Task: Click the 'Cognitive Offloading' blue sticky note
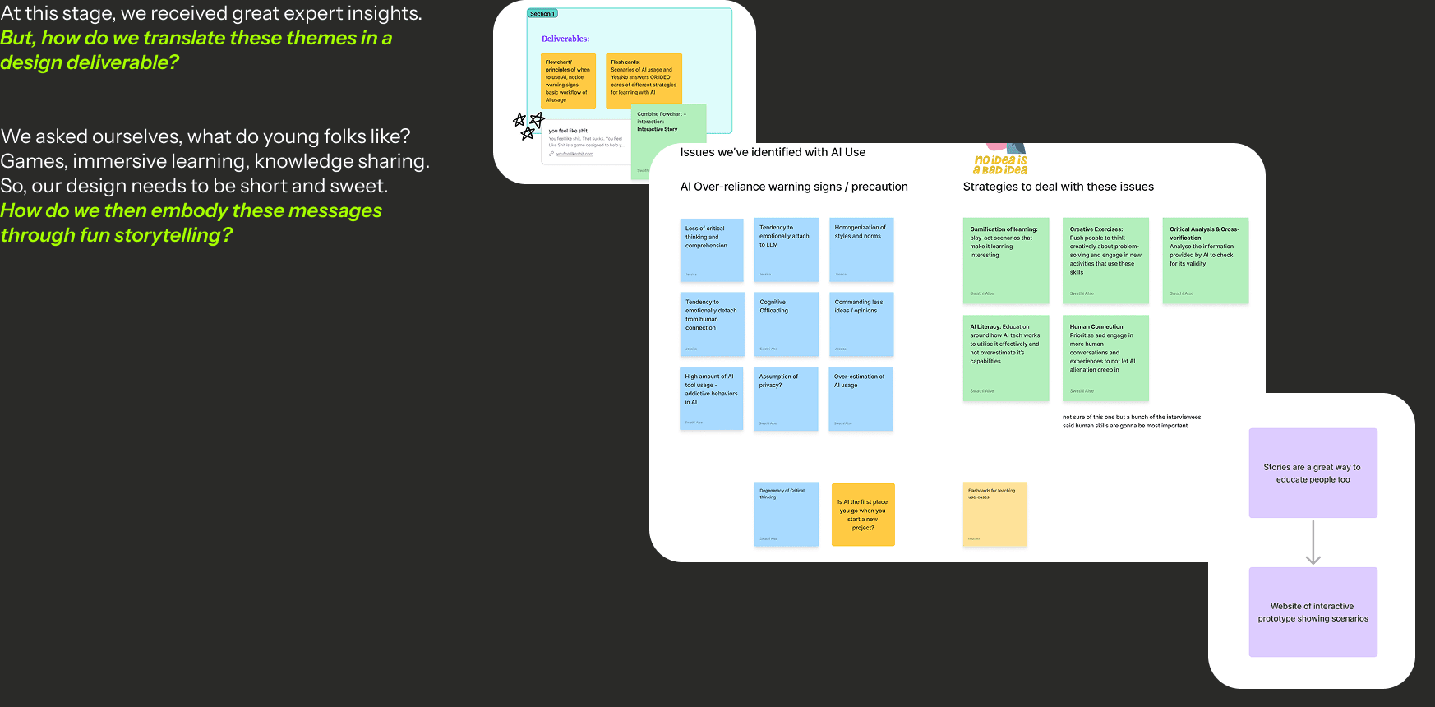pyautogui.click(x=786, y=324)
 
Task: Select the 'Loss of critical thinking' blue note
pyautogui.click(x=712, y=250)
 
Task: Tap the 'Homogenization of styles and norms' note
pyautogui.click(x=862, y=250)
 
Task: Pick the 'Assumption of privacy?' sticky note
pyautogui.click(x=786, y=399)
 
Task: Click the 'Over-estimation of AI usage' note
pyautogui.click(x=861, y=399)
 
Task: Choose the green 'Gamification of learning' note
pyautogui.click(x=1006, y=261)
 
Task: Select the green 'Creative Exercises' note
pyautogui.click(x=1105, y=261)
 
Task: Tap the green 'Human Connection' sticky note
pyautogui.click(x=1105, y=358)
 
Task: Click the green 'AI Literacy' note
pyautogui.click(x=1006, y=358)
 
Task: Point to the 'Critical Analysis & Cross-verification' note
pyautogui.click(x=1205, y=261)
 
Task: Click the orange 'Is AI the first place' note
pyautogui.click(x=863, y=515)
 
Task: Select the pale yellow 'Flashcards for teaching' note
pyautogui.click(x=995, y=515)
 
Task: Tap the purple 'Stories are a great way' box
pyautogui.click(x=1313, y=473)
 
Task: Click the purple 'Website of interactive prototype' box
pyautogui.click(x=1313, y=612)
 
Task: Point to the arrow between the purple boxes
pyautogui.click(x=1313, y=543)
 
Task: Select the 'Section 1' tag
pyautogui.click(x=542, y=14)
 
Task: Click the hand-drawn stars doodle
pyautogui.click(x=528, y=125)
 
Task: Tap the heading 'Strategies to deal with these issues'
pyautogui.click(x=1058, y=187)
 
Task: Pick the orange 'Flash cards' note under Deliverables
pyautogui.click(x=644, y=81)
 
